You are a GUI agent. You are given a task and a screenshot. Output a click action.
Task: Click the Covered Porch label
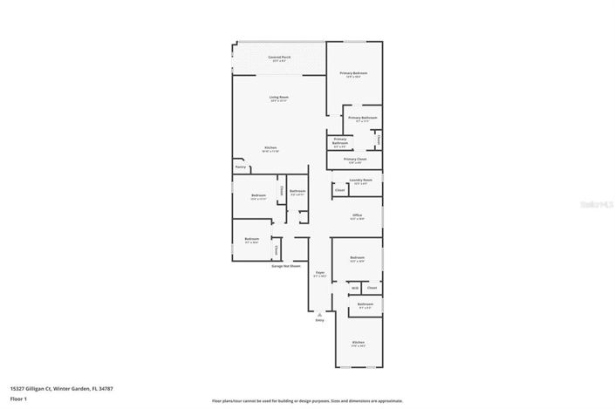280,57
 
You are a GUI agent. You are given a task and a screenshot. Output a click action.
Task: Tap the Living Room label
279,97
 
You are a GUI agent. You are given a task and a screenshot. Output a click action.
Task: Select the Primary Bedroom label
354,73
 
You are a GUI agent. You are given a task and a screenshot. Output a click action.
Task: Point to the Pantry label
240,167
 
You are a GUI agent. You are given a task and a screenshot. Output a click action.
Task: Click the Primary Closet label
354,160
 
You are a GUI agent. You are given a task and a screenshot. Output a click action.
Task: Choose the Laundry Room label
360,181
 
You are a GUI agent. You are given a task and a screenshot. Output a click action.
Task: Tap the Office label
357,215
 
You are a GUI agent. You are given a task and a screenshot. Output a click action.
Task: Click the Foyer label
319,273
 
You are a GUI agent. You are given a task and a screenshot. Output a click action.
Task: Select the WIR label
355,287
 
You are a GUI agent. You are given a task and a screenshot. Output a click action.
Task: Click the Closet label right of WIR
372,287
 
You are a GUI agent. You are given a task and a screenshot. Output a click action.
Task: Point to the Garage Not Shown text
284,264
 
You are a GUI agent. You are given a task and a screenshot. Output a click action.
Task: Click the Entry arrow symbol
319,314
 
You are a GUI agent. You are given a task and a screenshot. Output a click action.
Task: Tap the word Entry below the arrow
319,321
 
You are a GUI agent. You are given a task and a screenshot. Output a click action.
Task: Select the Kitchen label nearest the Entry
358,342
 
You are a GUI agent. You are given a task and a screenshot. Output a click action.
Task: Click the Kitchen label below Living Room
270,147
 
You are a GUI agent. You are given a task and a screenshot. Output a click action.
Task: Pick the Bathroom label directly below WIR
365,304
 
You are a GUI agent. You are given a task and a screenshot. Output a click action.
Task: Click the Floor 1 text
19,398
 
